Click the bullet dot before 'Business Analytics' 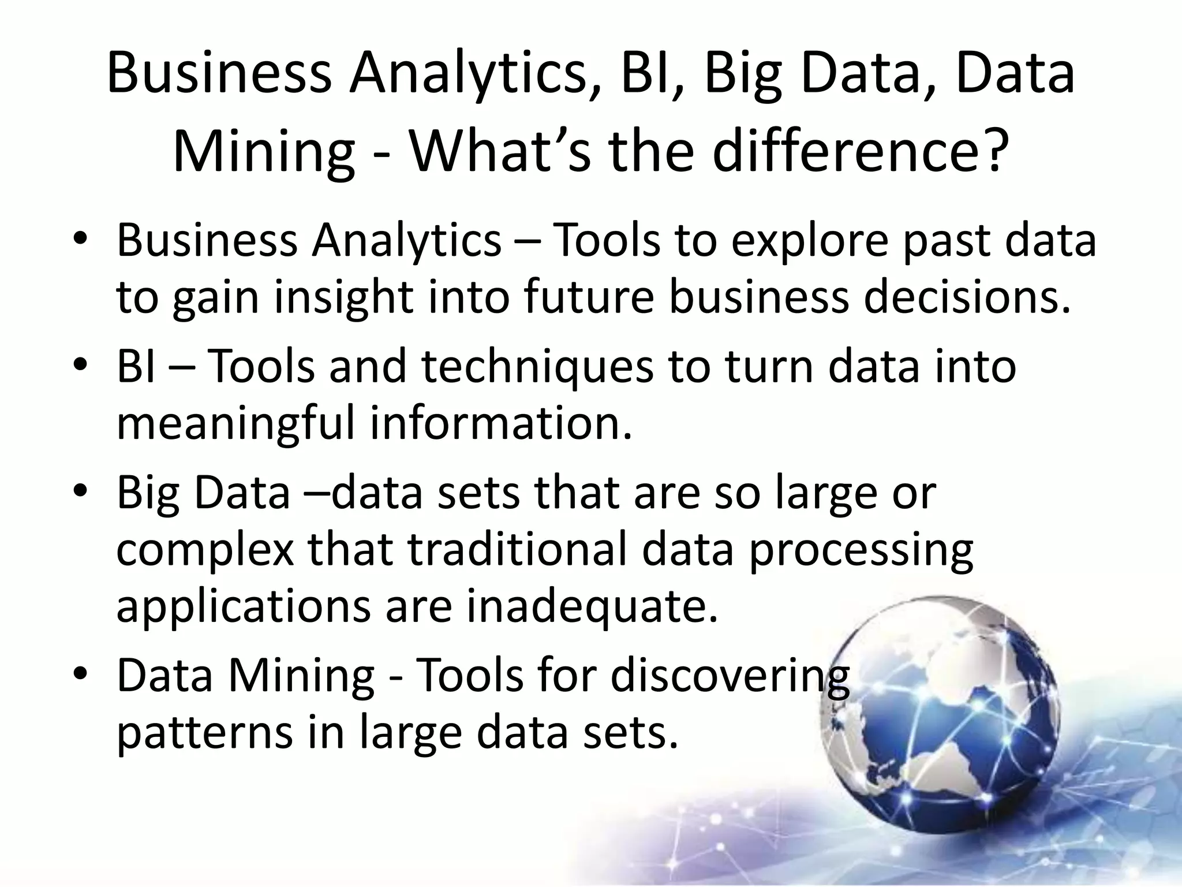pyautogui.click(x=80, y=240)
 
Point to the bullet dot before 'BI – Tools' pyautogui.click(x=80, y=367)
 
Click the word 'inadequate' pyautogui.click(x=592, y=606)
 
